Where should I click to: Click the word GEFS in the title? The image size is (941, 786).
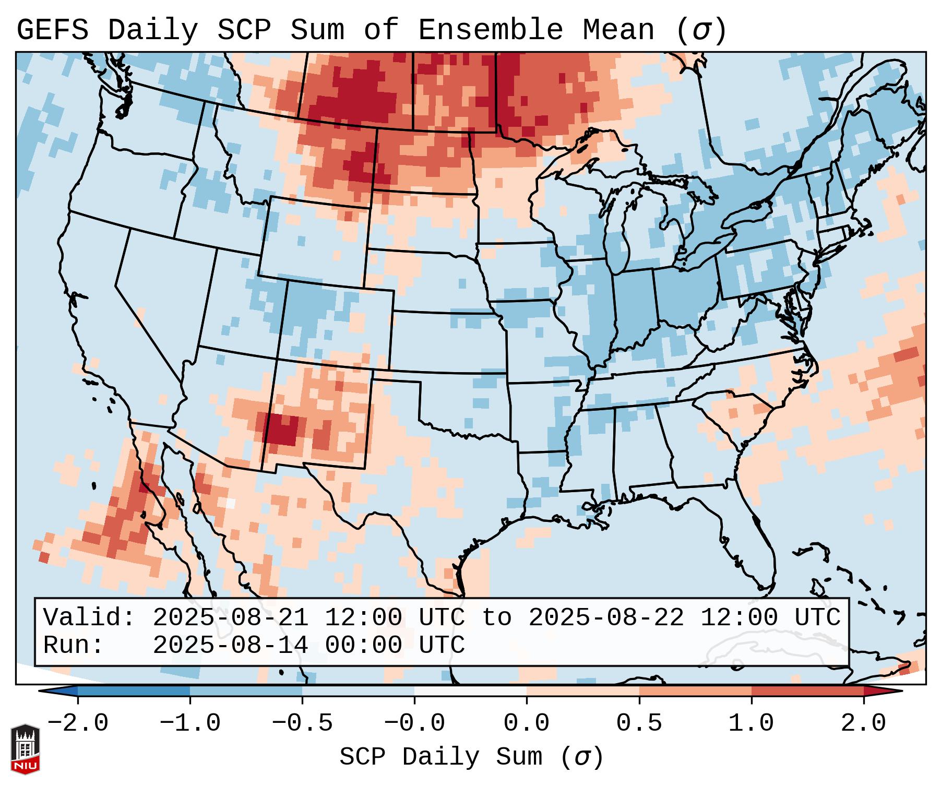[x=52, y=30]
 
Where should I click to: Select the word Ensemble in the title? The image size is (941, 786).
[x=490, y=30]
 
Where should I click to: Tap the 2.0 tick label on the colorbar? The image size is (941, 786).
[x=863, y=723]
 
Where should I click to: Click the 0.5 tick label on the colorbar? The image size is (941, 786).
[x=639, y=723]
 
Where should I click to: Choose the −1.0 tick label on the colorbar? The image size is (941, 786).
[x=189, y=723]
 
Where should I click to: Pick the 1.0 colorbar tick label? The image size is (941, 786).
[x=751, y=723]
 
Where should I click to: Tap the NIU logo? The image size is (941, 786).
[x=25, y=749]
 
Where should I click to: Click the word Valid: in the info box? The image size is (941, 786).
[x=89, y=618]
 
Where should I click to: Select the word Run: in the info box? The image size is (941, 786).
[x=73, y=646]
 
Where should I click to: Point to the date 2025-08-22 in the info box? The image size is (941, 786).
[x=606, y=618]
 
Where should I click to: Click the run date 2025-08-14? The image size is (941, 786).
[x=230, y=646]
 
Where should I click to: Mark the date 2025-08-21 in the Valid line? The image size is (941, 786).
[x=230, y=618]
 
